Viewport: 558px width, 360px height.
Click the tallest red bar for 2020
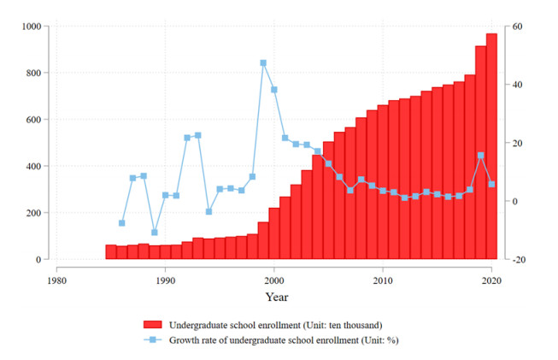491,146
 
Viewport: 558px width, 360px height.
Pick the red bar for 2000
274,233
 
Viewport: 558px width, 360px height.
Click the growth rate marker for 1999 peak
263,63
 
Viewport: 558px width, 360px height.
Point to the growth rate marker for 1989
155,232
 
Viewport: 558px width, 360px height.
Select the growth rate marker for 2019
480,156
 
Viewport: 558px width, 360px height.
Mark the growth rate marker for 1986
122,223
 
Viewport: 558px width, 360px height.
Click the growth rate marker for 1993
198,135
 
